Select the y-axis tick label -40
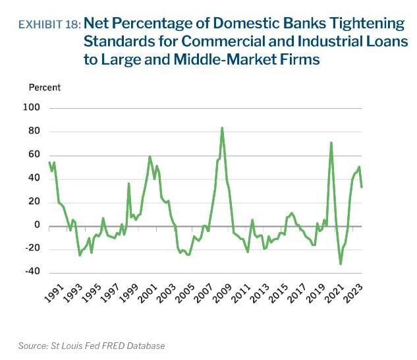point(32,271)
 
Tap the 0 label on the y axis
point(38,225)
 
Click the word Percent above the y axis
point(44,87)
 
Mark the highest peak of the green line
point(222,128)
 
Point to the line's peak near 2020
point(331,142)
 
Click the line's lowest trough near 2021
point(341,264)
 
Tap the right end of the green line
point(362,187)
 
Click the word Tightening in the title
point(368,24)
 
